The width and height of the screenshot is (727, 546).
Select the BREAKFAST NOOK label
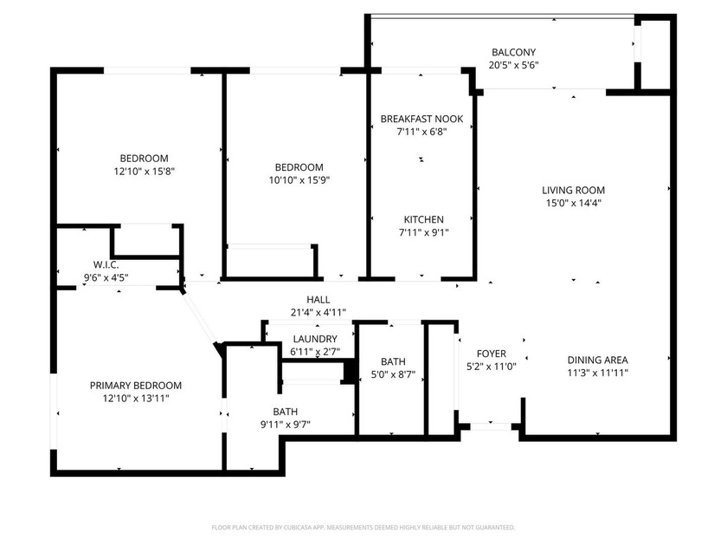coord(421,119)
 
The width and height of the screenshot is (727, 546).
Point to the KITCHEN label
coord(423,219)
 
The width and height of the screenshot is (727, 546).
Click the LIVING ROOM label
coord(573,190)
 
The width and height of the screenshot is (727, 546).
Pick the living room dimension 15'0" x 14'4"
coord(573,203)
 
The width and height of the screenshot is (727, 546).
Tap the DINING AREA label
coord(597,360)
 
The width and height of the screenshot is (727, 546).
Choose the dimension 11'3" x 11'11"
coord(597,373)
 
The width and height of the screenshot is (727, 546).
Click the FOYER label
coord(492,354)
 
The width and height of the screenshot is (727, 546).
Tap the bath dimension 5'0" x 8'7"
coord(392,375)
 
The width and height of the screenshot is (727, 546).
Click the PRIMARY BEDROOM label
coord(136,385)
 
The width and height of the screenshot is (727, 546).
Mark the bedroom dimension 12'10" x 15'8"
coord(143,171)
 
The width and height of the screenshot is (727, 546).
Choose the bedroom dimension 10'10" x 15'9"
coord(299,180)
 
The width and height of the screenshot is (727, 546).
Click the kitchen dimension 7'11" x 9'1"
coord(423,232)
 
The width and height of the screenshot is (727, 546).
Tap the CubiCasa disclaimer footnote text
coord(363,527)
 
